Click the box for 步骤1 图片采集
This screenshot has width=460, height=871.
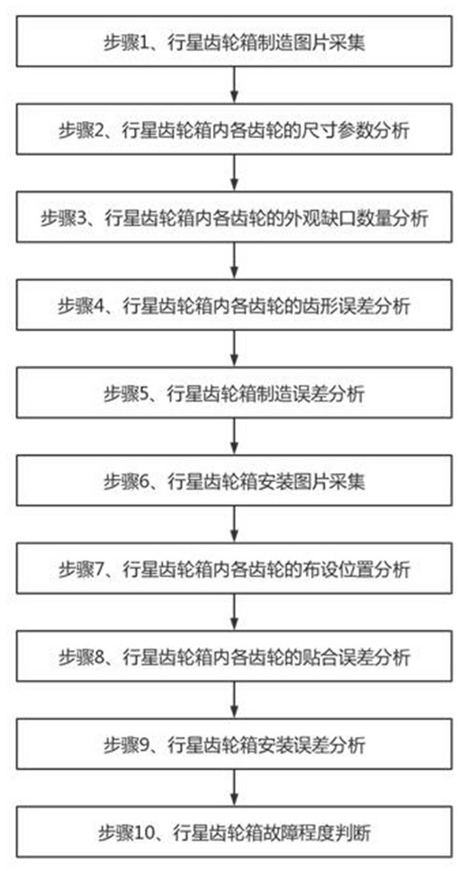pos(234,42)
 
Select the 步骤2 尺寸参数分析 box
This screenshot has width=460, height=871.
pos(234,130)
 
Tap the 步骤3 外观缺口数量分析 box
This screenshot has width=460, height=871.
pos(234,217)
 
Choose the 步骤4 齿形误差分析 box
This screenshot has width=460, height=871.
pos(234,306)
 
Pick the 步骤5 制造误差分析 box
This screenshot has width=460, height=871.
pos(234,393)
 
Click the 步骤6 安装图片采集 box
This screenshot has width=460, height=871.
pos(234,481)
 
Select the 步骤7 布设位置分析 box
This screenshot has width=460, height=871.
pos(234,569)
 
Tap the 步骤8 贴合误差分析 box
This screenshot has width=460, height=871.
pos(234,657)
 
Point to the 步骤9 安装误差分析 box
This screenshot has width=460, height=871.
pos(234,745)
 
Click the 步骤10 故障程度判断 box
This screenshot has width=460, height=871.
pos(234,832)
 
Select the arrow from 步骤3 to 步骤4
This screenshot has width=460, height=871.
pos(234,261)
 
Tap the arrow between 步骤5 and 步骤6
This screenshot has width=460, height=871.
pos(234,437)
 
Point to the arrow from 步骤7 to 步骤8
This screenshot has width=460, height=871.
pos(234,613)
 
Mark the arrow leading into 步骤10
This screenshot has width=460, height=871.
pos(234,788)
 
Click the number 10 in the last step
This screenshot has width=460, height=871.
pos(146,833)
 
